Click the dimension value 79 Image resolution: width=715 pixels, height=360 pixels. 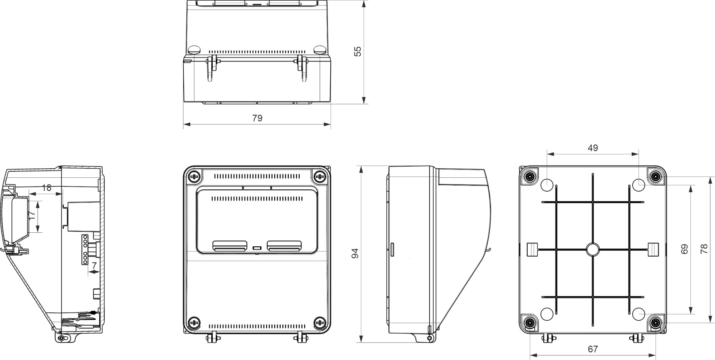click(257, 118)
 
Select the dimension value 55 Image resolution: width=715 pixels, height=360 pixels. click(357, 51)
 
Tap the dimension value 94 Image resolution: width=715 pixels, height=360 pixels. click(355, 253)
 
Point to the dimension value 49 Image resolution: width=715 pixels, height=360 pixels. click(593, 148)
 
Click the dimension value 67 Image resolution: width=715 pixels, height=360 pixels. click(593, 349)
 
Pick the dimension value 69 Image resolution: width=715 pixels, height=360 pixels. click(684, 249)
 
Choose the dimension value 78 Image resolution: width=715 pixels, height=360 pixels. click(704, 249)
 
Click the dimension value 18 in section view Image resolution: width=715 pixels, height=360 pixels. click(46, 188)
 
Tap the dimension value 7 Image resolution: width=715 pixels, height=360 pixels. click(94, 266)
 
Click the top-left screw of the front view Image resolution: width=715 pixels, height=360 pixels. click(194, 176)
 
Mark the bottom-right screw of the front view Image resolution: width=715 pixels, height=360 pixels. click(319, 322)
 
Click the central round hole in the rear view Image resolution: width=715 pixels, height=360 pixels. click(592, 250)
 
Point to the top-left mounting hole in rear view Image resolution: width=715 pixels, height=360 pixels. click(547, 185)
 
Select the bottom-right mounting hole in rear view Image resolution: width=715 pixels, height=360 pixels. click(638, 314)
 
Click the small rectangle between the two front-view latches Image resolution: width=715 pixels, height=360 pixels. click(257, 247)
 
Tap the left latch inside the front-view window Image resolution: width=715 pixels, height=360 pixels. click(230, 246)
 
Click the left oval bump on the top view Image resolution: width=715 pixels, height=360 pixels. click(194, 49)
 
